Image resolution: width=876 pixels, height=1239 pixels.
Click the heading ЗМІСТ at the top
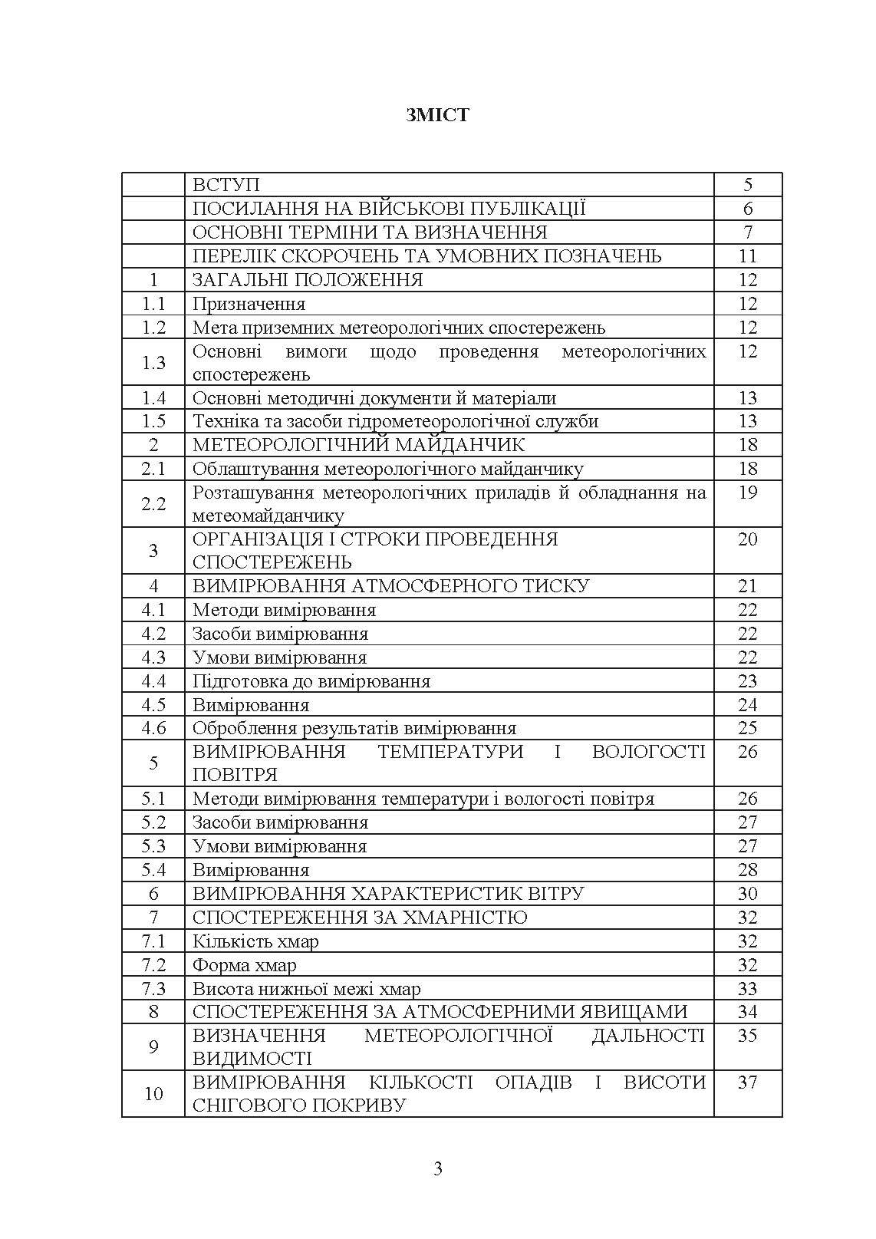click(x=437, y=115)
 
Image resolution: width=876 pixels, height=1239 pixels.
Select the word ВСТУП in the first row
click(x=226, y=185)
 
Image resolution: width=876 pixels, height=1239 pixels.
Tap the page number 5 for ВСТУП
click(x=748, y=185)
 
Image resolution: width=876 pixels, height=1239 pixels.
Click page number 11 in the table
click(x=748, y=256)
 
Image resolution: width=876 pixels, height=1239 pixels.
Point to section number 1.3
click(x=153, y=362)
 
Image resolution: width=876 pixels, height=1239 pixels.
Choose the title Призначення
click(x=249, y=304)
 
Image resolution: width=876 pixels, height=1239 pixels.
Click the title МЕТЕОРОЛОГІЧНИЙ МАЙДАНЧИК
click(x=358, y=445)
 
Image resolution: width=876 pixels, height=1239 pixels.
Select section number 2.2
click(x=153, y=503)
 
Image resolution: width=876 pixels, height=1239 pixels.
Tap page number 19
click(x=748, y=493)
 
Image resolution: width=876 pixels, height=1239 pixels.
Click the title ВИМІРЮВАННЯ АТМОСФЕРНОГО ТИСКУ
click(x=390, y=586)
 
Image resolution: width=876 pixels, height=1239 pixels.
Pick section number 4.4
click(x=153, y=681)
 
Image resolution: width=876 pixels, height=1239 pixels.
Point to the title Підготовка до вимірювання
click(x=311, y=681)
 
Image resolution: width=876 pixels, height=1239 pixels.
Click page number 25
click(x=748, y=728)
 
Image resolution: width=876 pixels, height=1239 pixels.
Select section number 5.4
click(x=153, y=870)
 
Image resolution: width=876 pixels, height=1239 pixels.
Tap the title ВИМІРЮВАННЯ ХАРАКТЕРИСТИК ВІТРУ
click(x=388, y=894)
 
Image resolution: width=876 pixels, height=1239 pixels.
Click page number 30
click(x=748, y=894)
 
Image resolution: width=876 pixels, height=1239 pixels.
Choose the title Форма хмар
click(x=244, y=965)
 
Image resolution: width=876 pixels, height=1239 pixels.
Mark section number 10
click(x=153, y=1093)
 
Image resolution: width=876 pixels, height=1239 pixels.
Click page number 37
click(x=748, y=1082)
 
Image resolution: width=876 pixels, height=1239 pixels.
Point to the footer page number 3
click(x=438, y=1169)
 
